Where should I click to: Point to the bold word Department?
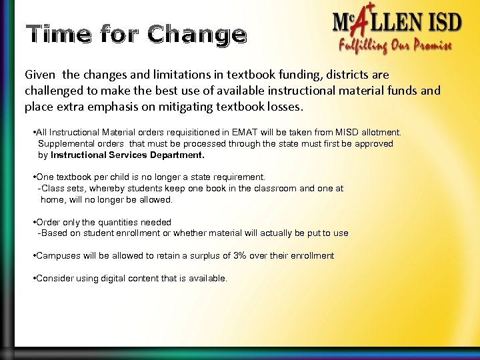pos(172,154)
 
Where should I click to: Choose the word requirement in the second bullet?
pos(238,177)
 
